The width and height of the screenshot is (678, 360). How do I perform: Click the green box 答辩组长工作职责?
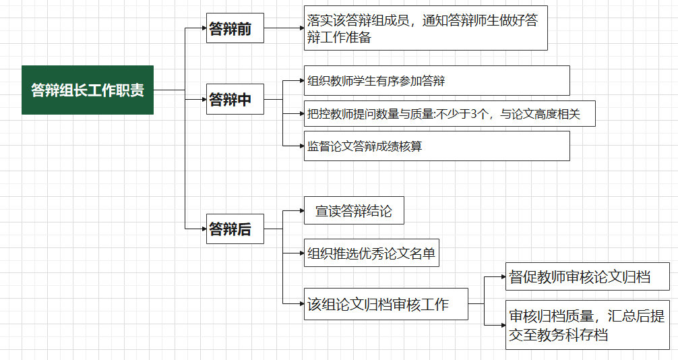88,90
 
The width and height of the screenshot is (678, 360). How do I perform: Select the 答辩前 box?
235,28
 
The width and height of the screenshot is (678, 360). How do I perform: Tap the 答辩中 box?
235,99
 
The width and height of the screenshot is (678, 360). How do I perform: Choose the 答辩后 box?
235,229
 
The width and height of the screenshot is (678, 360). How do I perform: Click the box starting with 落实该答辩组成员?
425,30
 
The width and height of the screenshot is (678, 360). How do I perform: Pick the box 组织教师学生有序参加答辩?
437,81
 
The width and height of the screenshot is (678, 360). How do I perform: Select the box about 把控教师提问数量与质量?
450,114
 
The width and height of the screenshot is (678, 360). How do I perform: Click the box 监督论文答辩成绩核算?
437,146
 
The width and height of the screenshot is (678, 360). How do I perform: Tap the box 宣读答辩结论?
354,211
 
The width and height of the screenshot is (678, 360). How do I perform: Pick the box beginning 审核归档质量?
587,324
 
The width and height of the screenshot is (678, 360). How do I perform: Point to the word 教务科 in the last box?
556,334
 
